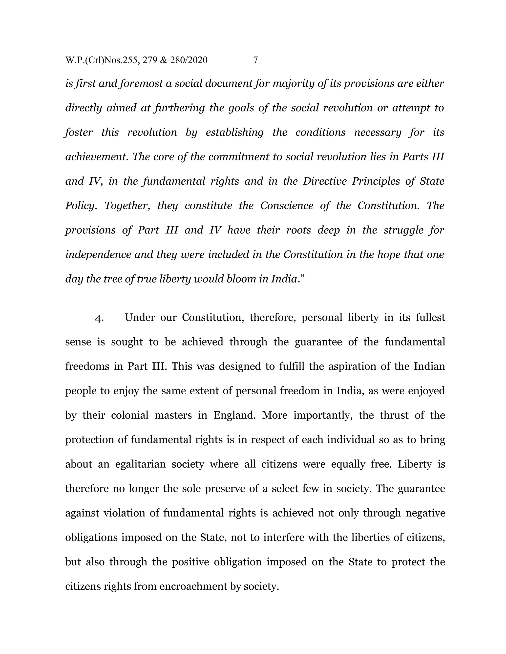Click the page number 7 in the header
coord(255,60)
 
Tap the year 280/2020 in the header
coord(189,60)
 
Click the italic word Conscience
coord(287,206)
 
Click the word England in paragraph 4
coord(234,415)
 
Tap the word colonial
coord(130,415)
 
